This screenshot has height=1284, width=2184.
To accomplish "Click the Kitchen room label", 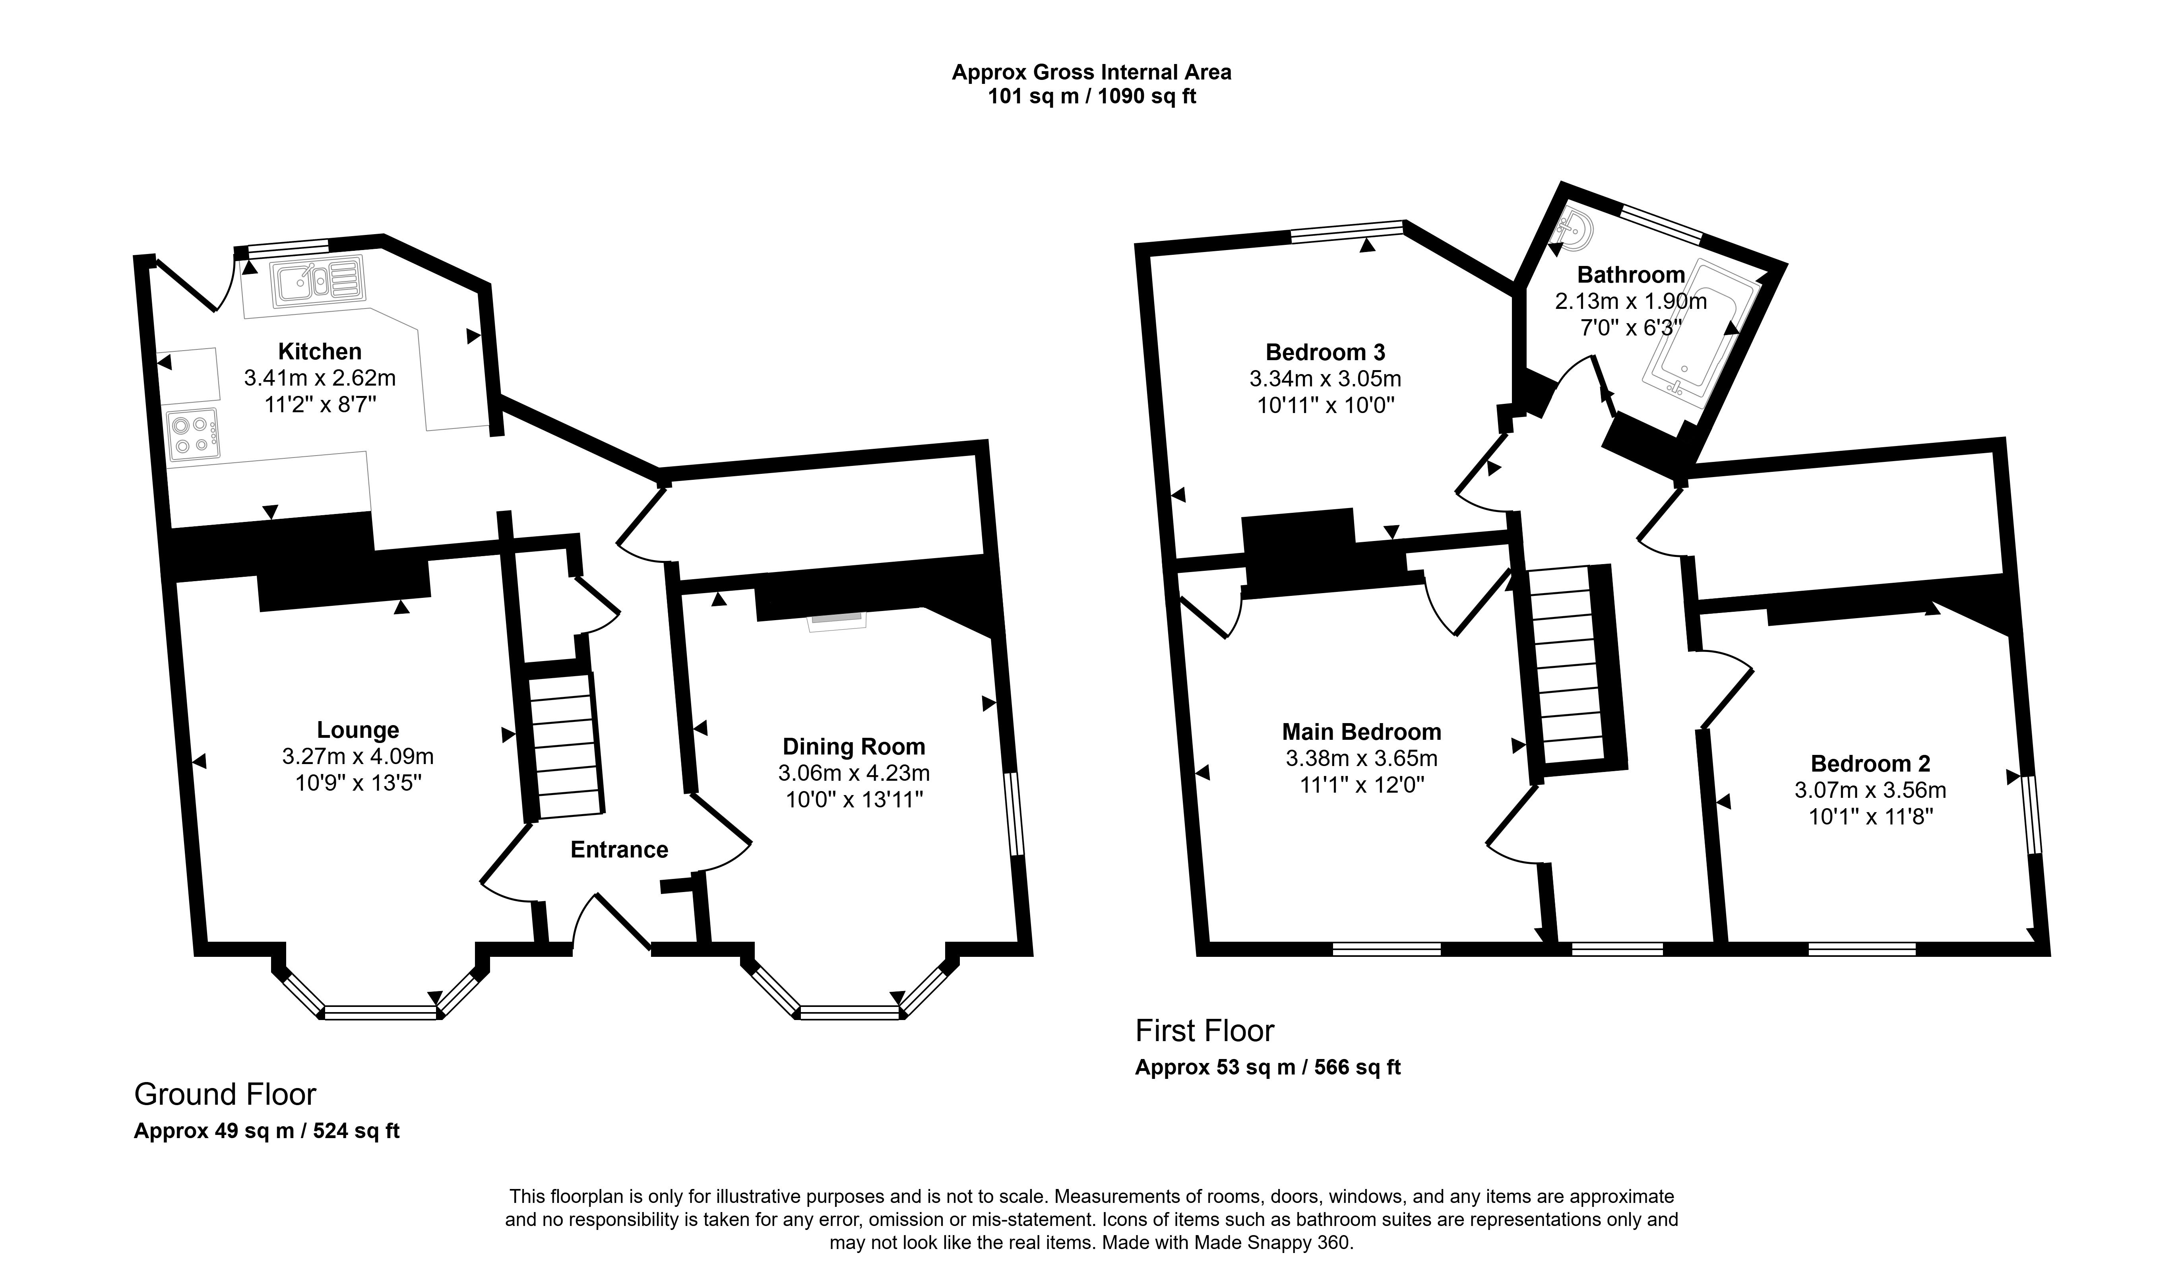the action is tap(320, 351).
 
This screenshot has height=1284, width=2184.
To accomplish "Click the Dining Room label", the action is tap(854, 747).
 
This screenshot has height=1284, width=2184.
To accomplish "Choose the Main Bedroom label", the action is tap(1362, 732).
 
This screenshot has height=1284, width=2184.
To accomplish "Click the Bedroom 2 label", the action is tap(1870, 764).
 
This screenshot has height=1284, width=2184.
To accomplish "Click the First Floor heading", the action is tap(1205, 1031).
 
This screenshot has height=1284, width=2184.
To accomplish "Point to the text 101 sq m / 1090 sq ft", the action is tap(1092, 96).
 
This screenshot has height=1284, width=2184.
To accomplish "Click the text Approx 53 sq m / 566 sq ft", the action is tap(1268, 1067).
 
